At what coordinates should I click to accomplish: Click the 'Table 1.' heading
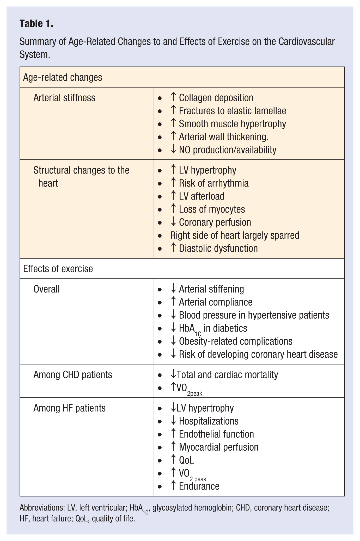point(36,24)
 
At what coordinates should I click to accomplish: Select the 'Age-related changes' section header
point(63,77)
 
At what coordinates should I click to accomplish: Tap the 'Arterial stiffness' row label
point(64,98)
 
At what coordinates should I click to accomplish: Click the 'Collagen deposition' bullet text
point(216,98)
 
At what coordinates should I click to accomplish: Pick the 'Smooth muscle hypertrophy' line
point(232,124)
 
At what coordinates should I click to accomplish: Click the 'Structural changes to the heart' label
point(81,176)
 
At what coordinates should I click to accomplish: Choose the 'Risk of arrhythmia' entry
point(213,183)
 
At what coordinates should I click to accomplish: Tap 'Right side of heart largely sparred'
point(235,235)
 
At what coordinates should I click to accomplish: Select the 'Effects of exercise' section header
point(58,269)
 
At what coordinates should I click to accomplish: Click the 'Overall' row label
point(46,289)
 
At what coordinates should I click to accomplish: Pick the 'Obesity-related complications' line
point(235,341)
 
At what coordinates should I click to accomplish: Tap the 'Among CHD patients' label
point(72,375)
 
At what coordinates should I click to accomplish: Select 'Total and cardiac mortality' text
point(227,375)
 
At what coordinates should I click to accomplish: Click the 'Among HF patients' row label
point(69,408)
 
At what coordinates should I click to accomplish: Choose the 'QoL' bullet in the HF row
point(186,460)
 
